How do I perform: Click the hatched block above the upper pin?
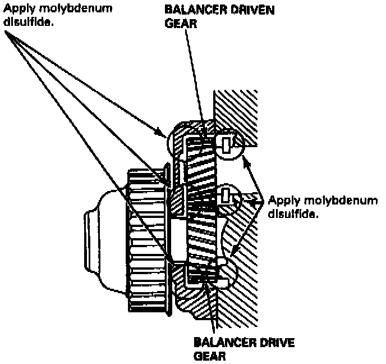point(236,112)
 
